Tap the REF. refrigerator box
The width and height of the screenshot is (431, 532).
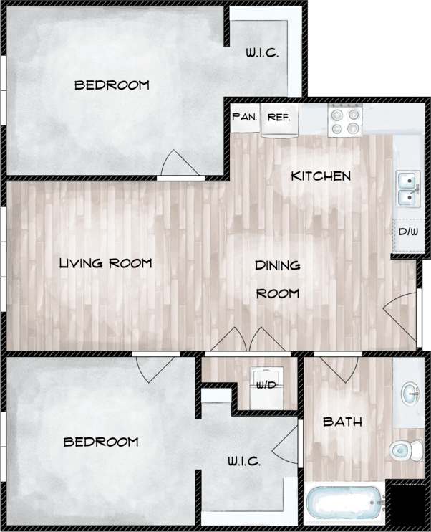[x=279, y=116]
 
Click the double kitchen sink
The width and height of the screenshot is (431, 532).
[x=408, y=188]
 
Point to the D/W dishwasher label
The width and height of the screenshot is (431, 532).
[x=407, y=232]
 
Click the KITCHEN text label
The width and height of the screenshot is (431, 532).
[x=320, y=176]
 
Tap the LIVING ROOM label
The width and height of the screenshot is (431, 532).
[x=105, y=263]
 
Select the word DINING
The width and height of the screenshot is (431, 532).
[x=277, y=265]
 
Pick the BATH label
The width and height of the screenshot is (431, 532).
[x=342, y=422]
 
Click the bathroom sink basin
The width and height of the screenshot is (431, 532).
[x=410, y=392]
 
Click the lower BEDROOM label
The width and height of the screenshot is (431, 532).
[x=101, y=442]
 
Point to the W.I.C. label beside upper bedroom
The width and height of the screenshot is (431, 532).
[x=261, y=52]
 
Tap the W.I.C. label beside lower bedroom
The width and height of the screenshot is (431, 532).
[x=244, y=462]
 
